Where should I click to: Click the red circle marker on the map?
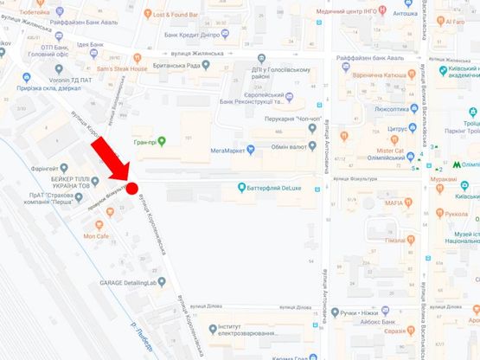[132, 187]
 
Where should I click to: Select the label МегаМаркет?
[228, 149]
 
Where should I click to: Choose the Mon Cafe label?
[96, 235]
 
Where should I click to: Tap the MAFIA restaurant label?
[388, 203]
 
